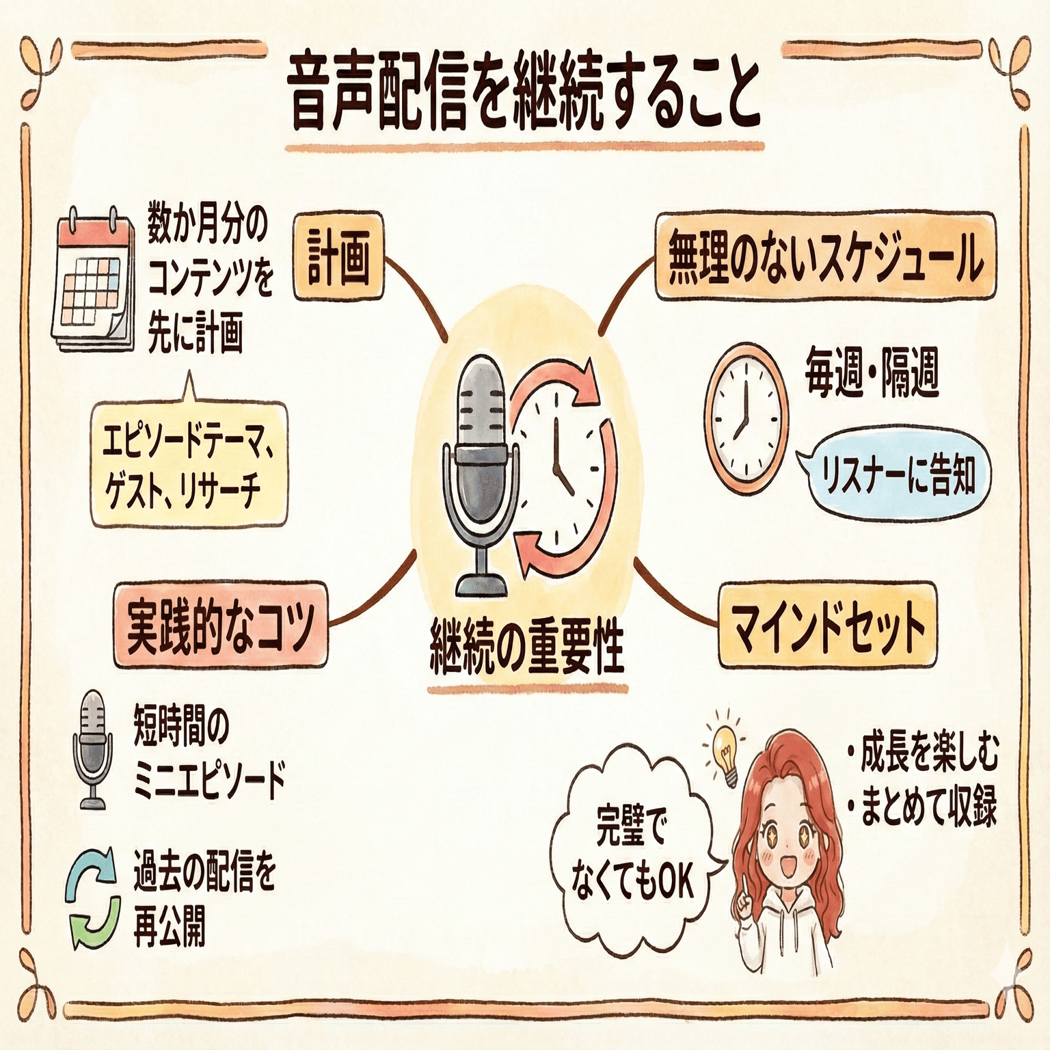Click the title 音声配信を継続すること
[525, 95]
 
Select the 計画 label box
[338, 256]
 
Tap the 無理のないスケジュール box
[825, 257]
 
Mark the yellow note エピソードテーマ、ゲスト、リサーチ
[189, 466]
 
